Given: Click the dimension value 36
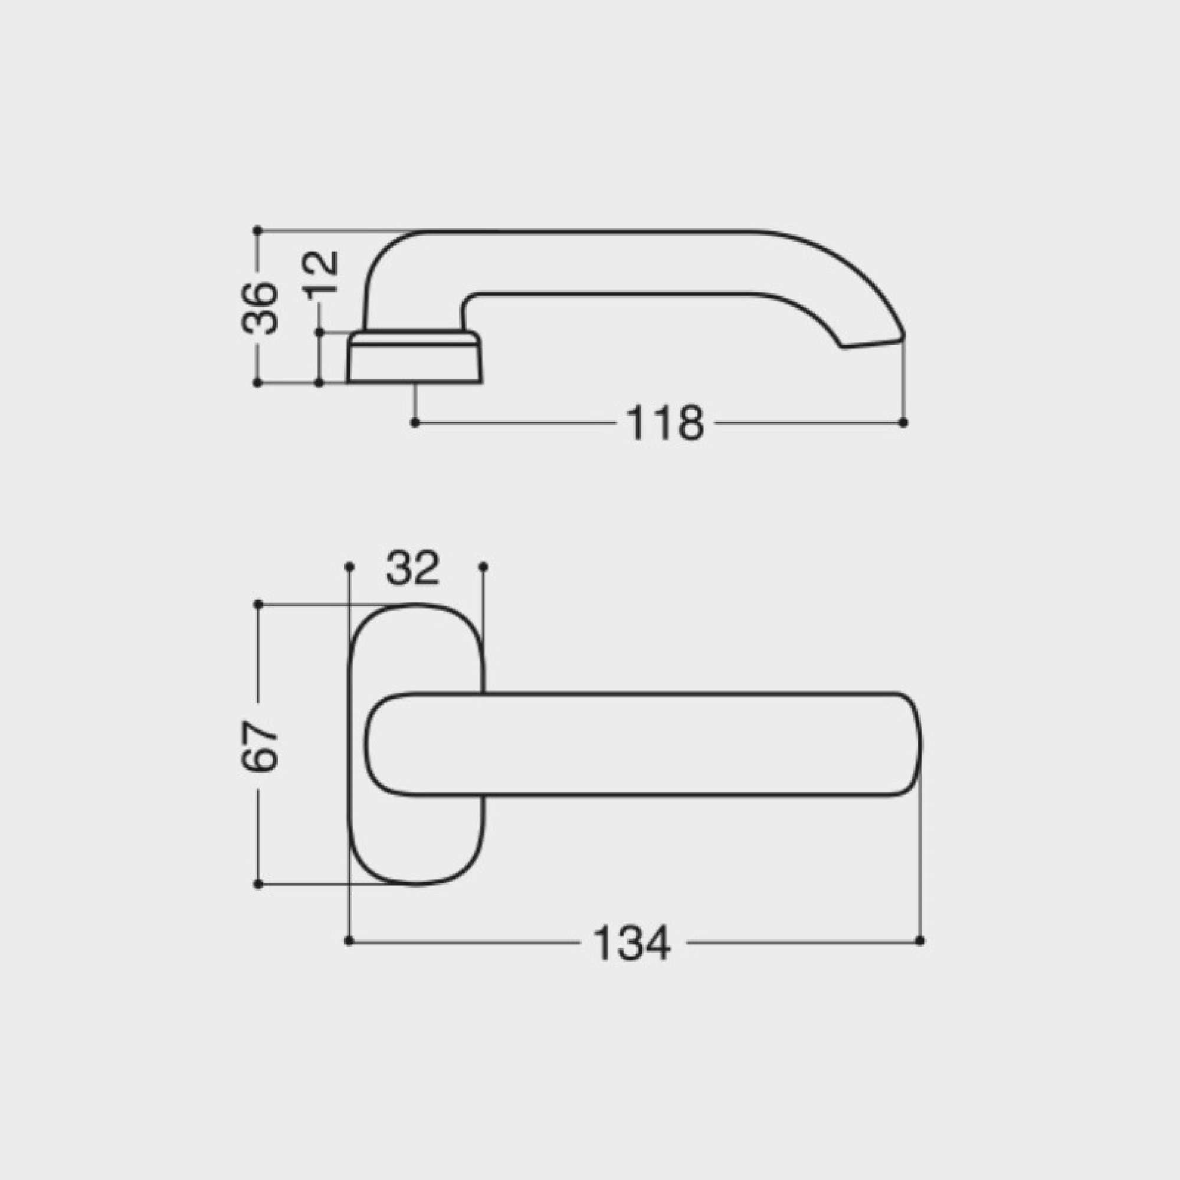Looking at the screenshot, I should [x=260, y=309].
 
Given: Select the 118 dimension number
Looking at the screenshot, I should [x=664, y=422].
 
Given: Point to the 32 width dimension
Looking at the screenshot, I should [x=413, y=568].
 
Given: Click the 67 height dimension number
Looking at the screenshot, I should [x=260, y=746].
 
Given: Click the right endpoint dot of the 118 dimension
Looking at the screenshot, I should [x=904, y=422].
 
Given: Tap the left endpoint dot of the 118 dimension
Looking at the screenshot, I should [x=415, y=422].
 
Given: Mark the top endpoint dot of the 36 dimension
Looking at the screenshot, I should [x=257, y=230].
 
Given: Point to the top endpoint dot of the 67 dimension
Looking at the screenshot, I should [x=258, y=604].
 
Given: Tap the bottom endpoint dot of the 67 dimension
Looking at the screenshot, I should [x=258, y=884].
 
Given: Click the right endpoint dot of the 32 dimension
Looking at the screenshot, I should [x=483, y=567].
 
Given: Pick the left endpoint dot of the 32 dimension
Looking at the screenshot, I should [x=349, y=567].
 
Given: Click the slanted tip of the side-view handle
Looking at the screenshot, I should [x=873, y=342].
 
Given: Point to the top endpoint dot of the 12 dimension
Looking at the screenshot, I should [x=319, y=332].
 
